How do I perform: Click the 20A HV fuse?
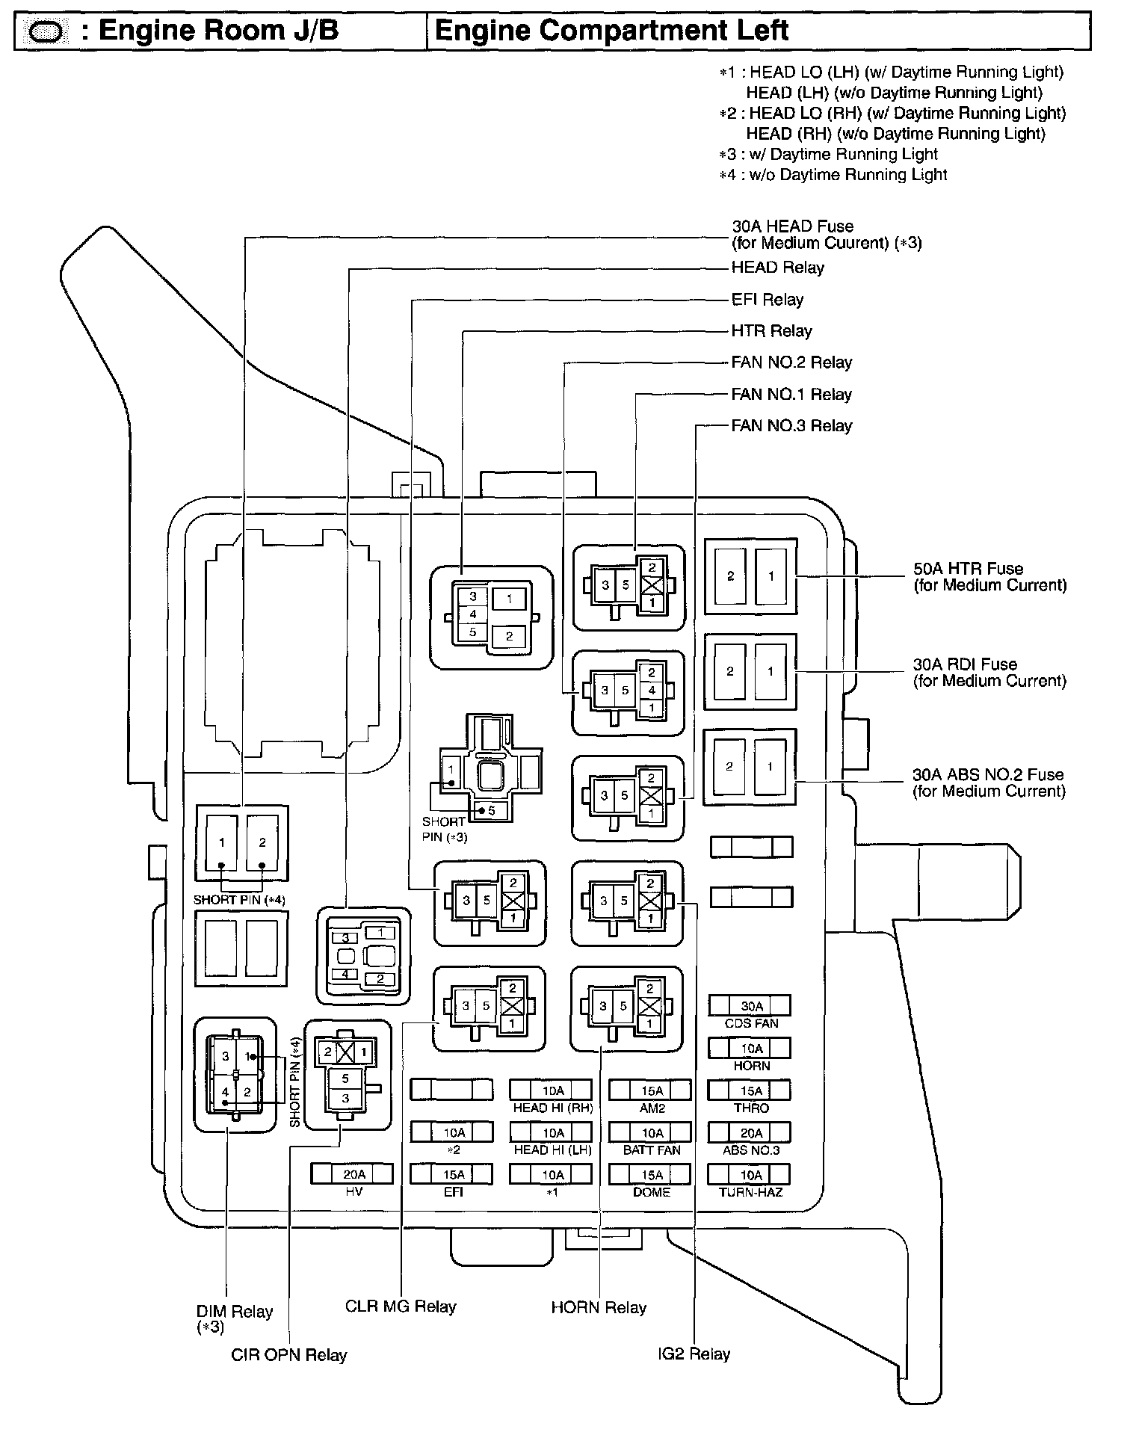352,1174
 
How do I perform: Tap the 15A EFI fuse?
452,1174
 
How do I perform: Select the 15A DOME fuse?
651,1174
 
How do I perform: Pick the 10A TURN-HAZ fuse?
750,1174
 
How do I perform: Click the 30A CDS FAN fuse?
750,1006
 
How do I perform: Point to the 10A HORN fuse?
750,1048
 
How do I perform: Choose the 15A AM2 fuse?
651,1090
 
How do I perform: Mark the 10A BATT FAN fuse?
651,1132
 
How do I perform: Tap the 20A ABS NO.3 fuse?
750,1132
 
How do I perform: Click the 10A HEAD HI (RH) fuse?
552,1090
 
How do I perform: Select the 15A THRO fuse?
750,1090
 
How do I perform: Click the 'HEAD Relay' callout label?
777,268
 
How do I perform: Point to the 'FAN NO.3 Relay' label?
791,426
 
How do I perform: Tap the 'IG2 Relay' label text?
694,1354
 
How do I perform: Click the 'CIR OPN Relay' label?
288,1355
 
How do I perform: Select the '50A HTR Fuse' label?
968,569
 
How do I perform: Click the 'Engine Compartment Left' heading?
611,31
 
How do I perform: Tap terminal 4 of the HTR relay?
472,614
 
